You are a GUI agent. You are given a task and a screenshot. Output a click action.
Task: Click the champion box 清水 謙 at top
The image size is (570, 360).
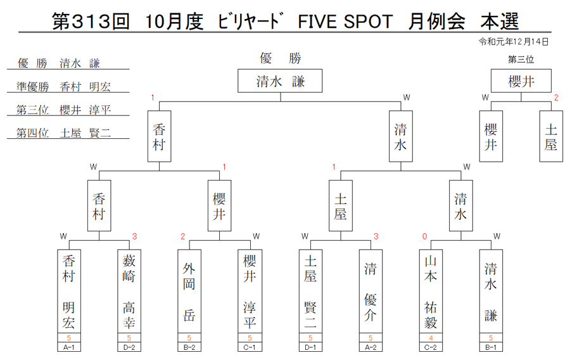[x=280, y=80]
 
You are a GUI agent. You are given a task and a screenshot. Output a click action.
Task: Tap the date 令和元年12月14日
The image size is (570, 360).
[x=513, y=42]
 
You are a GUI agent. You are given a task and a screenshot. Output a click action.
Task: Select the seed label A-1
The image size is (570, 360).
[x=69, y=347]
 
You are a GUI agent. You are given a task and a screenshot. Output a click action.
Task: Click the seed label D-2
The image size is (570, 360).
[x=129, y=347]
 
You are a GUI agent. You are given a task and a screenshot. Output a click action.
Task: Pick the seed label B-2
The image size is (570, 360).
[x=189, y=347]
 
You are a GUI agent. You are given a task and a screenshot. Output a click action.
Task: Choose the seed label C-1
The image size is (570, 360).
[x=250, y=347]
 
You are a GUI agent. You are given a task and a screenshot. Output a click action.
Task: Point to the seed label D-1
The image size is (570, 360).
[x=310, y=347]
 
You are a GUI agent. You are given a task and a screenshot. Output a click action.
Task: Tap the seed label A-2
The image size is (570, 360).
[x=370, y=347]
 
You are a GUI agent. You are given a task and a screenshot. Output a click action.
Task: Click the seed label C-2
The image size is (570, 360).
[x=431, y=347]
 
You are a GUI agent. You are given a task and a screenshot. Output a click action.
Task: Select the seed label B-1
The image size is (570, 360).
[x=491, y=347]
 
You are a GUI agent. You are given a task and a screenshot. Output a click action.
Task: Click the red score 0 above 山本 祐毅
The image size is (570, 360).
[x=424, y=237]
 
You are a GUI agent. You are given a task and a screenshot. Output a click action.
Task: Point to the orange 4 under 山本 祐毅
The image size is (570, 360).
[x=431, y=338]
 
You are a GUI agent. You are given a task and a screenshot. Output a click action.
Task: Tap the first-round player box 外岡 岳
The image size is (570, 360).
[x=189, y=292]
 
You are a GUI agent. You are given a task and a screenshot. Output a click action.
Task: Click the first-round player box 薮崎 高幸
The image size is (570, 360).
[x=129, y=292]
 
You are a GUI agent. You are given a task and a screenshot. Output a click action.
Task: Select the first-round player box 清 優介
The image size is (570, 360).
[x=370, y=292]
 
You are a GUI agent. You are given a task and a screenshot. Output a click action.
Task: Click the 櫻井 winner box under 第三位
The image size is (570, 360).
[x=521, y=80]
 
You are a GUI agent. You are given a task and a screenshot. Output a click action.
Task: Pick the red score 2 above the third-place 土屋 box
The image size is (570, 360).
[x=556, y=98]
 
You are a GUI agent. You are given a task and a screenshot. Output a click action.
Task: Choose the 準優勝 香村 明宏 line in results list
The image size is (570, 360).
[x=63, y=87]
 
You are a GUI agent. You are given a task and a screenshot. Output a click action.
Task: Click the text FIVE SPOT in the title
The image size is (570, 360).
[x=345, y=22]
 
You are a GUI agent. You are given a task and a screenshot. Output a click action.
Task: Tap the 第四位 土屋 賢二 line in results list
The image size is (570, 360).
[x=63, y=133]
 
